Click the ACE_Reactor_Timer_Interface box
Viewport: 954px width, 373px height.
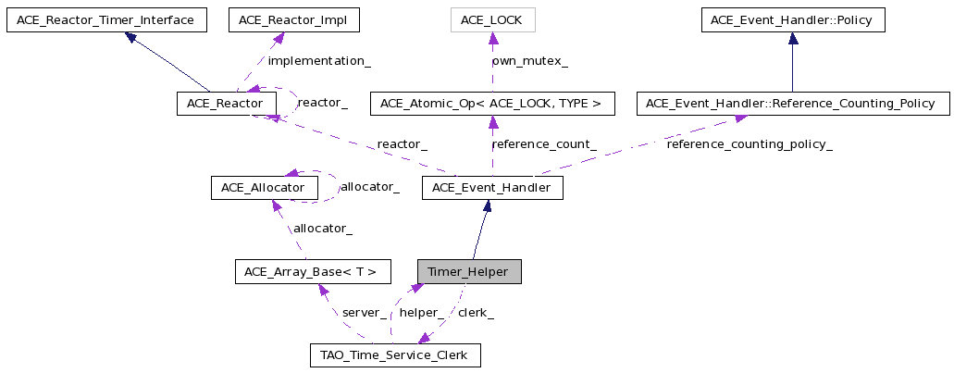106,20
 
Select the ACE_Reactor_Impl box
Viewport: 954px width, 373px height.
294,20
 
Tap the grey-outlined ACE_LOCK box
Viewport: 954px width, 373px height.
491,20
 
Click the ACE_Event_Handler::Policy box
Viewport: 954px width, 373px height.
793,20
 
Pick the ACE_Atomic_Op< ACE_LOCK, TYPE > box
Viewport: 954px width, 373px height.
493,104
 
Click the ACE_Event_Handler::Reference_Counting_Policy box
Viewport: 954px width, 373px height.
793,104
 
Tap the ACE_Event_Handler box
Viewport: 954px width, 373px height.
492,187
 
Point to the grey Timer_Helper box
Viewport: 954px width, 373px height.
469,271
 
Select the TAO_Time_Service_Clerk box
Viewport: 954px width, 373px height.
395,355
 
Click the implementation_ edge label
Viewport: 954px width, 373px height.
319,61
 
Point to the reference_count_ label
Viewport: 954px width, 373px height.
544,144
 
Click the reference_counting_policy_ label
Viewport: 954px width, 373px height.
750,144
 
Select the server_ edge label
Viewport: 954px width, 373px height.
365,313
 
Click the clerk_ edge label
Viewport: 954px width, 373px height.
476,313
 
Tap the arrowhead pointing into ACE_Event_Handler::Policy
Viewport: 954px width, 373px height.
793,38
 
